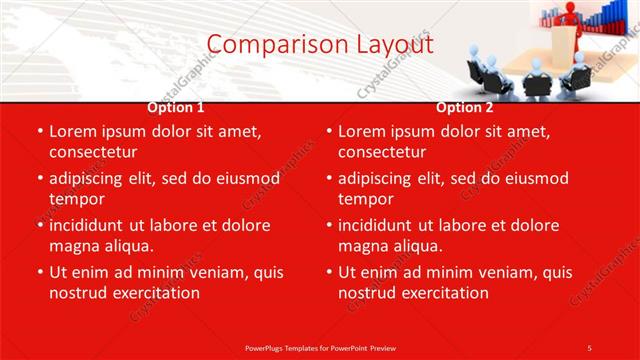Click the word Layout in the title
click(395, 45)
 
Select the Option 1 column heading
click(175, 107)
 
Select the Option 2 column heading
click(464, 107)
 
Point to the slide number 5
click(589, 347)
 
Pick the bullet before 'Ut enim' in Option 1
click(40, 272)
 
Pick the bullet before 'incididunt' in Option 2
click(329, 225)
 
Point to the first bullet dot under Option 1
click(40, 131)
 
